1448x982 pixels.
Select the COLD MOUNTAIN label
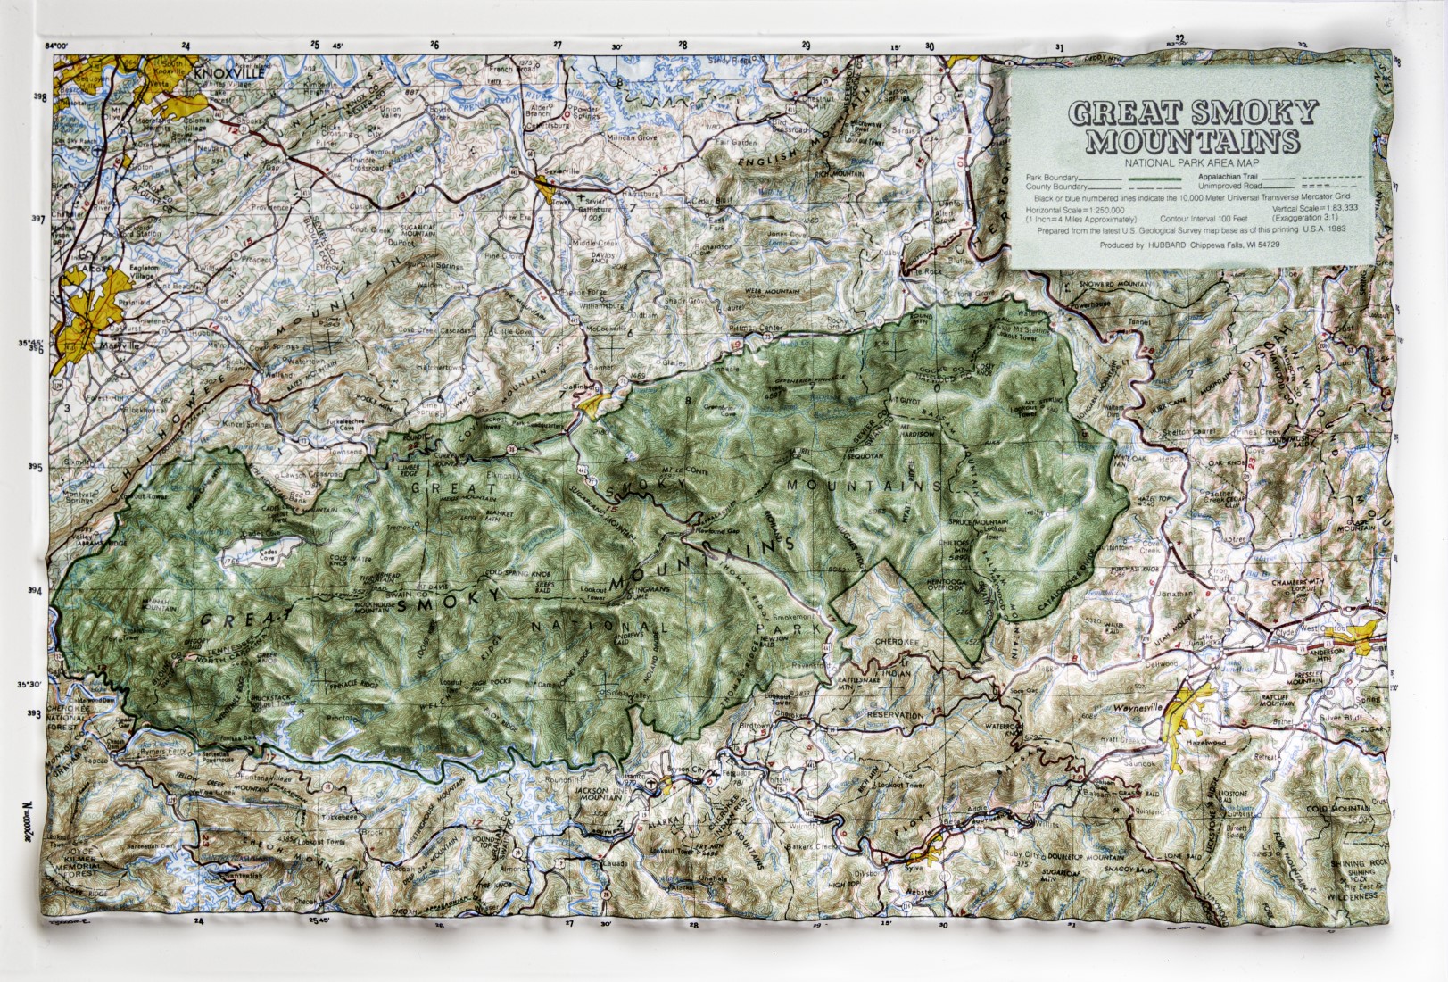pos(1336,808)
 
